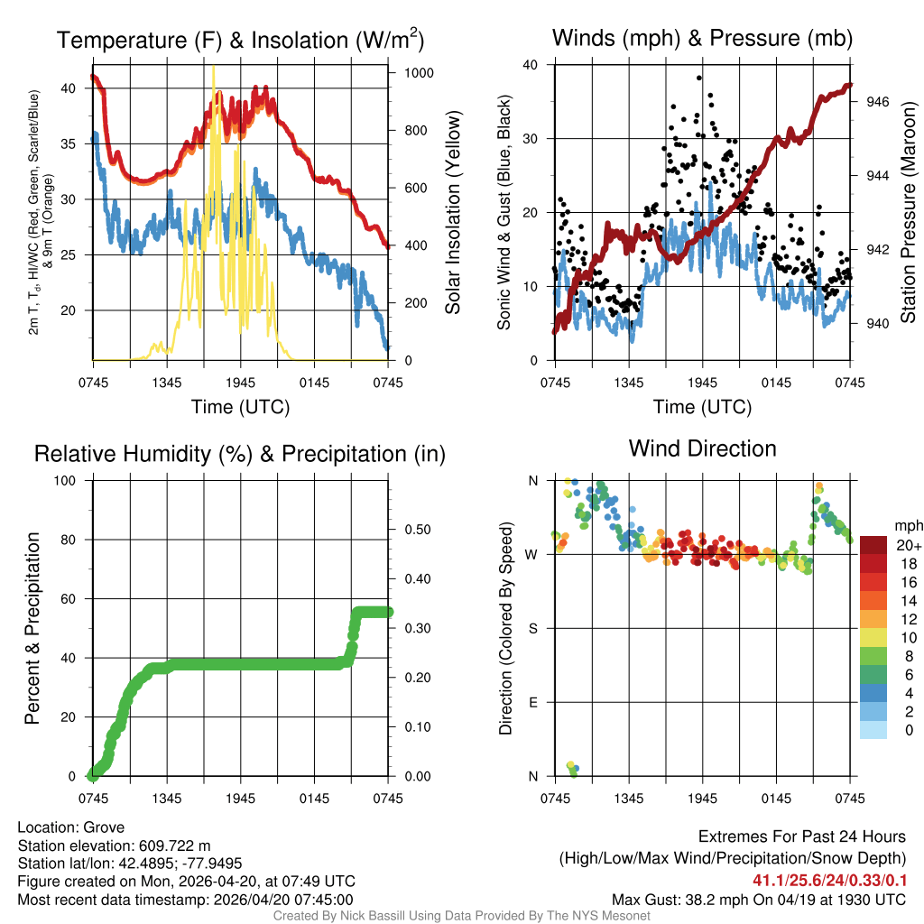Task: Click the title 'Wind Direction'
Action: [x=702, y=448]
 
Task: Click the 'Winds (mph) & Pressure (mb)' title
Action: [x=702, y=38]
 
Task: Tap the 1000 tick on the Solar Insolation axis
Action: [x=417, y=72]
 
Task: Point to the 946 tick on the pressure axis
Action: [x=878, y=102]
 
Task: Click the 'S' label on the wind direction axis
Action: [x=531, y=628]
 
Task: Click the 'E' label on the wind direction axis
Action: [x=531, y=702]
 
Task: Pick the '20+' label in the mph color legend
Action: [x=903, y=545]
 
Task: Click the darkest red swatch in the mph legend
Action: [x=873, y=545]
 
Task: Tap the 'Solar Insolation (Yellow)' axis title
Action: [x=453, y=213]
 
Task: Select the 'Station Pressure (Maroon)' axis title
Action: [x=910, y=213]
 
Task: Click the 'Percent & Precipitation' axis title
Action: [x=33, y=628]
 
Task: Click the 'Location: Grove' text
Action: [x=71, y=827]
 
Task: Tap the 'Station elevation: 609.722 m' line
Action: [x=114, y=845]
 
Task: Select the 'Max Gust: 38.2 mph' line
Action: [x=759, y=899]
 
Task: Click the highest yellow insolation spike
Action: [x=213, y=68]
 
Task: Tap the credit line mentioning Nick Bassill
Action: [x=461, y=916]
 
